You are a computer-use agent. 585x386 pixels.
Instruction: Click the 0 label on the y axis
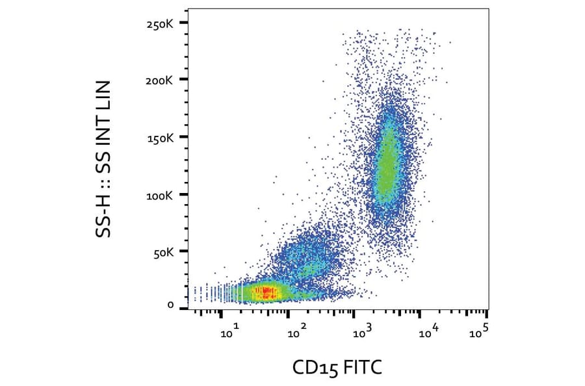pos(170,305)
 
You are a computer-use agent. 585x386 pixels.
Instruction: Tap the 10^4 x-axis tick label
pos(430,333)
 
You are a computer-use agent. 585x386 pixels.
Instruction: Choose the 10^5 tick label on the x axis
pos(480,333)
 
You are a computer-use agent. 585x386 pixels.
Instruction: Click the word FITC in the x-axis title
pos(361,368)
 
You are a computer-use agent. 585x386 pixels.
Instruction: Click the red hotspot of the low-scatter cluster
pos(266,292)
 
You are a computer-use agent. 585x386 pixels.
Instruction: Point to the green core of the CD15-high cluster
pos(387,162)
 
